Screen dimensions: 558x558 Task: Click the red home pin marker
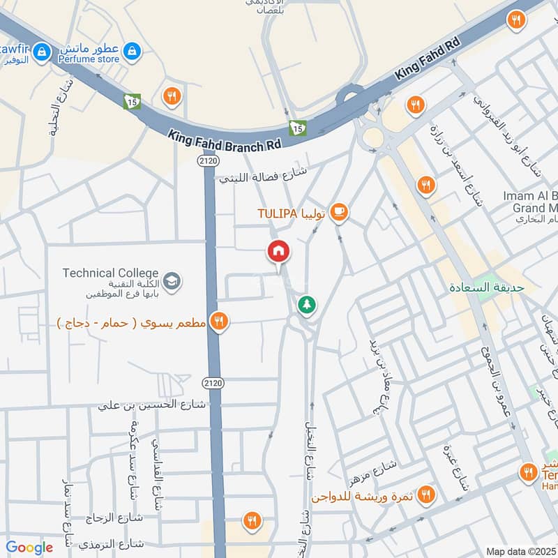click(279, 251)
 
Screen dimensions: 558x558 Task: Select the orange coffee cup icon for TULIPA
click(339, 211)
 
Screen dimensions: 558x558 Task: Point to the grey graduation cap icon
click(172, 282)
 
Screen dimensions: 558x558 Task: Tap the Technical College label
click(110, 273)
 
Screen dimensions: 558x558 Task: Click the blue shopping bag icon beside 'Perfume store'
click(132, 50)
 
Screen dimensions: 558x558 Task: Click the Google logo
click(29, 548)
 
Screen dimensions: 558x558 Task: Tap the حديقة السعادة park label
click(487, 287)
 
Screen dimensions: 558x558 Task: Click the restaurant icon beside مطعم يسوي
click(219, 322)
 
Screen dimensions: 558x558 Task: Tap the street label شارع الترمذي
click(112, 543)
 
